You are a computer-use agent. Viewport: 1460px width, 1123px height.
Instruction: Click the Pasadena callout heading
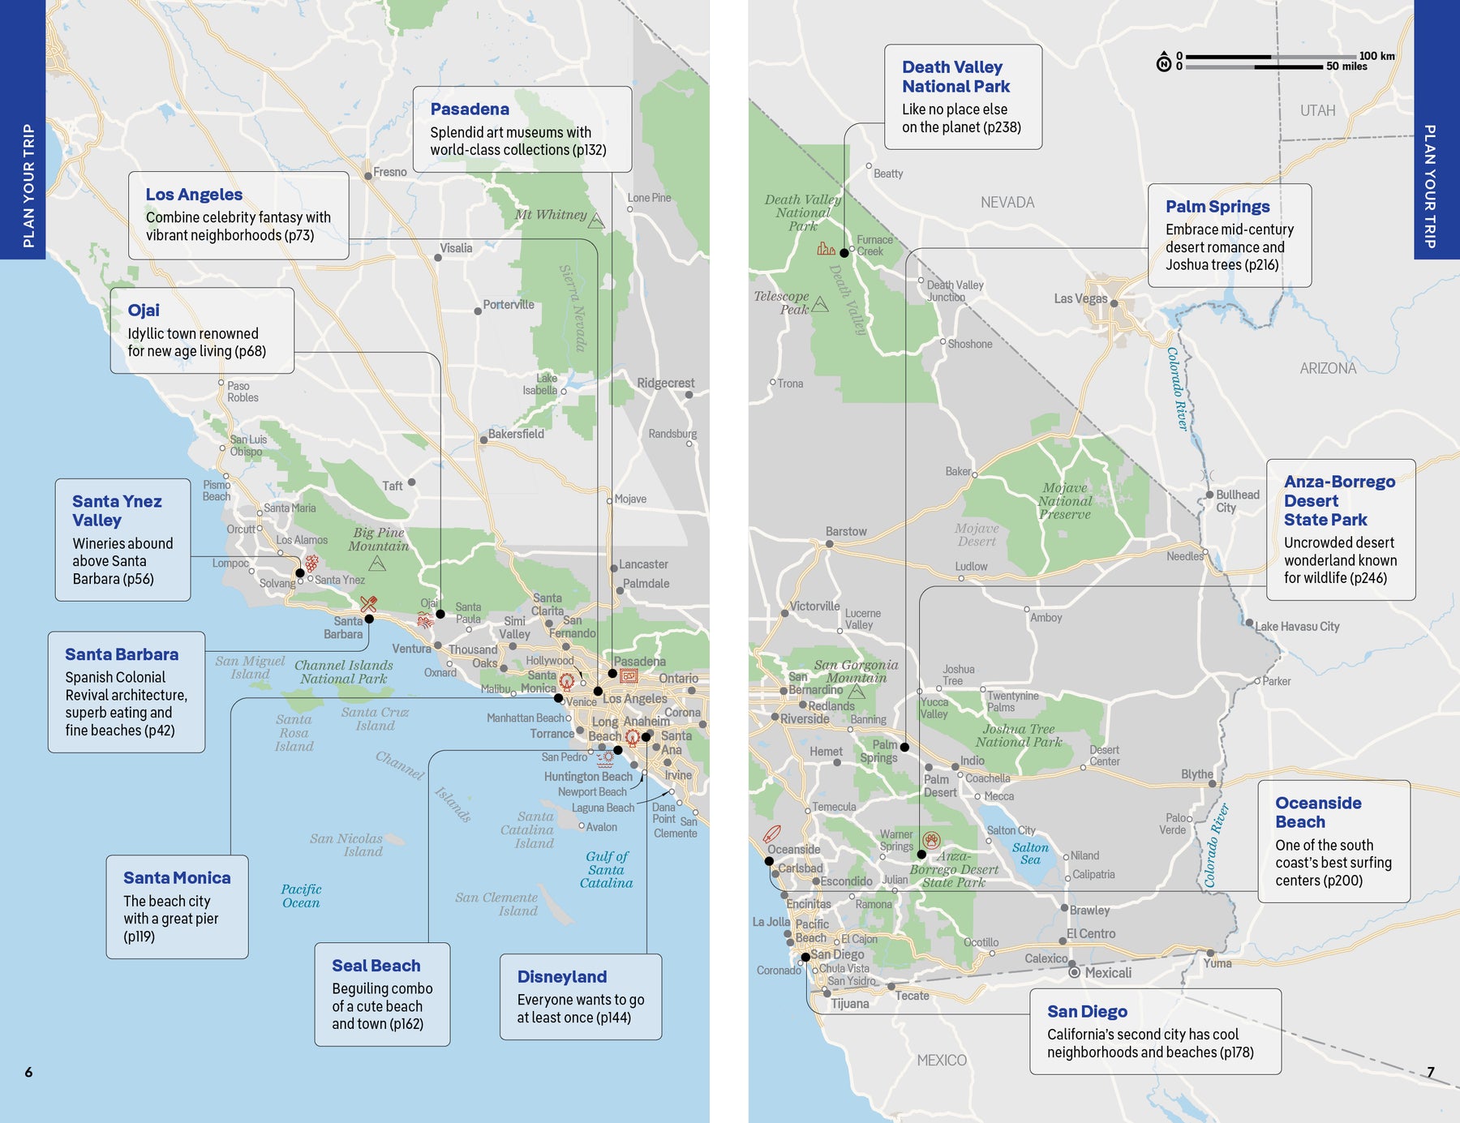(470, 109)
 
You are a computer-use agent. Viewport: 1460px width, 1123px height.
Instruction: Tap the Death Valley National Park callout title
(955, 77)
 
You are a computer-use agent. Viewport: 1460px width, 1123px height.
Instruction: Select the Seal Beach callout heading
(376, 966)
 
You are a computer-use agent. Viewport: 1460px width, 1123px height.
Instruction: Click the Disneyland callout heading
(561, 977)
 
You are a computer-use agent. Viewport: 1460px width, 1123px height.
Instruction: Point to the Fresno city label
(389, 172)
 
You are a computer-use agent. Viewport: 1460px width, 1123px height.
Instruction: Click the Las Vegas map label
(1080, 298)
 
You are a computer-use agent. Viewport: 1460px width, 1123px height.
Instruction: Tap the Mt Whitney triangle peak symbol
(596, 221)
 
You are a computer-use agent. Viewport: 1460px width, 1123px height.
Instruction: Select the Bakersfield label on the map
(516, 434)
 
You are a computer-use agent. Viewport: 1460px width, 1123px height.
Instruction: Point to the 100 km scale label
(1376, 56)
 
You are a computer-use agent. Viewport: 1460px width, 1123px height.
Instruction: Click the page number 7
(1431, 1072)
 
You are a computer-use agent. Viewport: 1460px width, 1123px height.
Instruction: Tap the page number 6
(28, 1072)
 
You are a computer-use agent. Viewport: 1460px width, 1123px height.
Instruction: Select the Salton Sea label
(1030, 853)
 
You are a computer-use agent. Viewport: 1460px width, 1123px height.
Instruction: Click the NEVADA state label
(1007, 203)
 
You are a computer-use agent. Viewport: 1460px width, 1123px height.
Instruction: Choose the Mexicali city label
(1107, 973)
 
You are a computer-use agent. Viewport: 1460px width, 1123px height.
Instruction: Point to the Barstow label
(846, 531)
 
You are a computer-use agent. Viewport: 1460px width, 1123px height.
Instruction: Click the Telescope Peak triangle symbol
(820, 305)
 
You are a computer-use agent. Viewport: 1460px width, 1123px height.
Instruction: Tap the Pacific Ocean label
(301, 896)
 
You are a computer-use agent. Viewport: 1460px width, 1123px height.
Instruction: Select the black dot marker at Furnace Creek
(844, 253)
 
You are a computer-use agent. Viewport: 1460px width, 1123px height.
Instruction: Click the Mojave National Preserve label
(1065, 500)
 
